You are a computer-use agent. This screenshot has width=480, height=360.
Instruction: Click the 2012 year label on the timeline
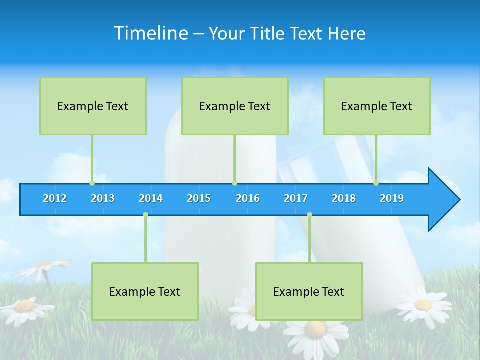pos(55,198)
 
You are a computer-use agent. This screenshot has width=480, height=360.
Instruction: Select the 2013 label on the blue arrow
pos(103,198)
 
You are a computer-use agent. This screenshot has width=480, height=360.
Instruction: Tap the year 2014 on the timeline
pos(151,198)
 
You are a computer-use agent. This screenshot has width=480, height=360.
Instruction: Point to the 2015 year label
pos(199,198)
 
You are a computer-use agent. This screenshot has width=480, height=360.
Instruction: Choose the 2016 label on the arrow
pos(248,198)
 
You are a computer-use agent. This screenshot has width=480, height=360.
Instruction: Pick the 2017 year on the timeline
pos(296,198)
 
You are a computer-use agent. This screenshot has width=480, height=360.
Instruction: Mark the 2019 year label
pos(392,198)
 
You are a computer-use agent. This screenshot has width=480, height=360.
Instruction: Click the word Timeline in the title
pos(150,33)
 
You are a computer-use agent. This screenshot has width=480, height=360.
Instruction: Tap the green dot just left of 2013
pos(92,183)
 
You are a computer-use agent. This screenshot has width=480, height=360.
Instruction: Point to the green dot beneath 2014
pos(145,215)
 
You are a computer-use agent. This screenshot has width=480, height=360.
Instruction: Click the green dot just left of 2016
pos(234,183)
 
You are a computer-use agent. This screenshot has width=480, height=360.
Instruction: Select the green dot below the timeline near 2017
pos(309,215)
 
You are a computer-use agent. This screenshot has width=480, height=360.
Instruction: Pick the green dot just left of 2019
pos(376,183)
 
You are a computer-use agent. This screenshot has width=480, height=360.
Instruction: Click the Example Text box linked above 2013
pos(93,106)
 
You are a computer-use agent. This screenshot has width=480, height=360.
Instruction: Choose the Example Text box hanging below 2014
pos(145,291)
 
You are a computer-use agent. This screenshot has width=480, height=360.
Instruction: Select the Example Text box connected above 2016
pos(235,106)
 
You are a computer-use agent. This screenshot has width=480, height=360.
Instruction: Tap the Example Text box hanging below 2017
pos(309,291)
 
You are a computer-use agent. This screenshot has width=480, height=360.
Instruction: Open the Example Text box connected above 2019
pos(377,106)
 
